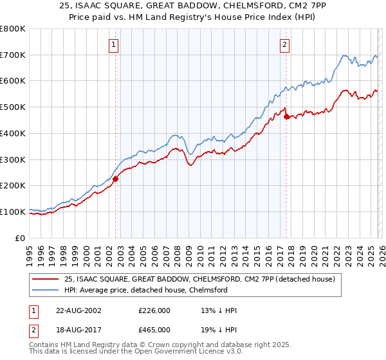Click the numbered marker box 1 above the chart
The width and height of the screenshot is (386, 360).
114,44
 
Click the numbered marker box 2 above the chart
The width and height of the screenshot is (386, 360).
284,44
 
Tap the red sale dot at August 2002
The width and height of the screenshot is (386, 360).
116,179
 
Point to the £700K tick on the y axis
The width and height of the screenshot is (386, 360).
13,55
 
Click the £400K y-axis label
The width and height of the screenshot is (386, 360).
13,134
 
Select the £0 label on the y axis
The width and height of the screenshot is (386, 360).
19,238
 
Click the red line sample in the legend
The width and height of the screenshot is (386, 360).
47,280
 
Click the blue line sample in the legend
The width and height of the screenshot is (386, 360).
47,291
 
